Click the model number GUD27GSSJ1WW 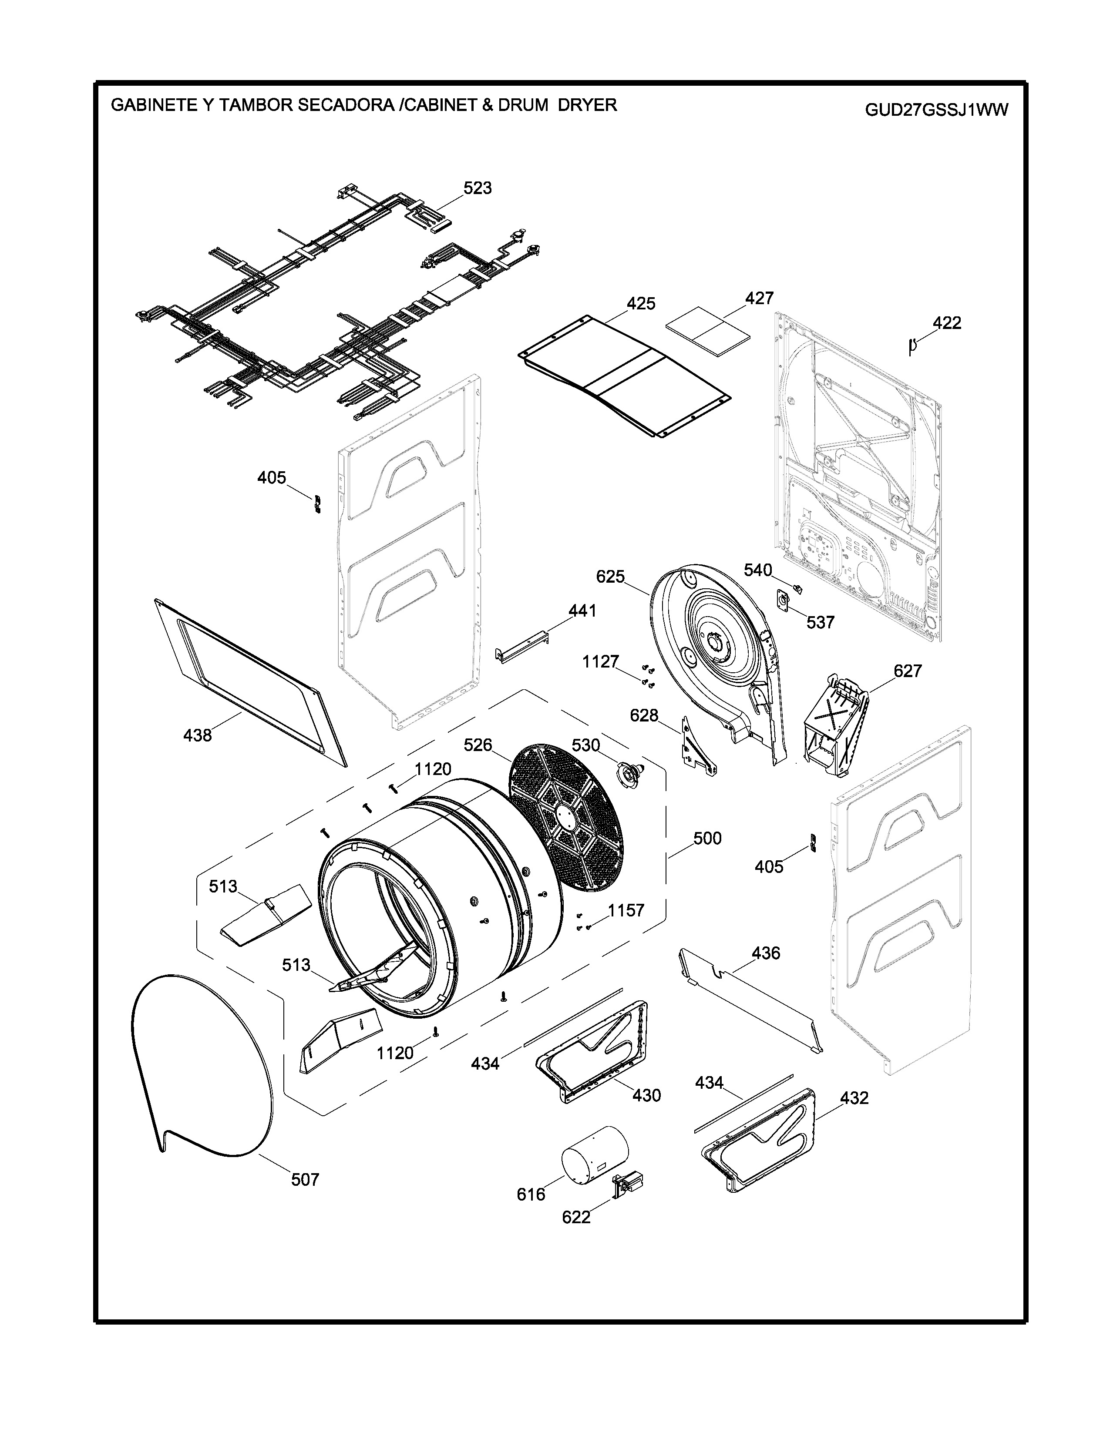coord(936,110)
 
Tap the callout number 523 coord(478,188)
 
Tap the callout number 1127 coord(600,661)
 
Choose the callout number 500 coord(707,839)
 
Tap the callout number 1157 coord(626,910)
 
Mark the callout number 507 coord(305,1180)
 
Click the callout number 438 coord(197,735)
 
